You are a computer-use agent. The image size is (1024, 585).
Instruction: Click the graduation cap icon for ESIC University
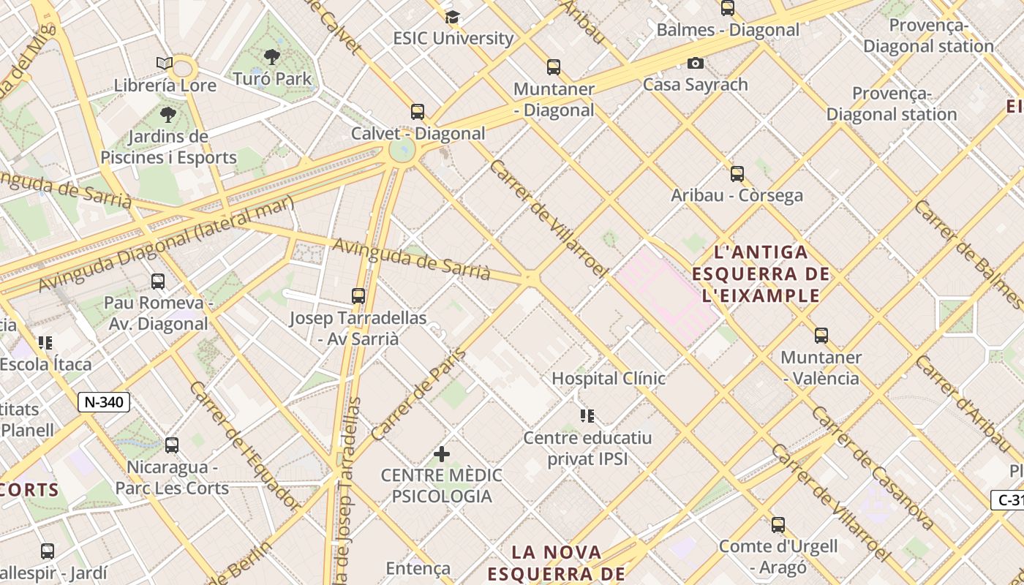452,17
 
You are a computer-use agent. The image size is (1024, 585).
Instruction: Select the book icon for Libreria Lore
165,64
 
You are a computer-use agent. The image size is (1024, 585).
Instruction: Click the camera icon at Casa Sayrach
696,64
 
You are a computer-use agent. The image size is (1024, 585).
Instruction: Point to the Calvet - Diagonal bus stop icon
418,112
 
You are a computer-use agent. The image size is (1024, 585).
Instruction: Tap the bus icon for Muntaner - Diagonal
554,67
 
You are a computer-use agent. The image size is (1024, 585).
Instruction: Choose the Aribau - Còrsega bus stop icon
737,174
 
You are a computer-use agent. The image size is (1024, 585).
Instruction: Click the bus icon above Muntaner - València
821,336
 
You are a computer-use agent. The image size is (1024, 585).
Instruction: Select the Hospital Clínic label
609,378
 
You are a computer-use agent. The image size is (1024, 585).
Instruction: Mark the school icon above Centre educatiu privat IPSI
587,416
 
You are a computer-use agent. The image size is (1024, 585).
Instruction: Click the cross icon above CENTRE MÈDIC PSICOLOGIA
442,454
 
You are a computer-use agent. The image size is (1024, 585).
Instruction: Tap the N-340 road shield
104,401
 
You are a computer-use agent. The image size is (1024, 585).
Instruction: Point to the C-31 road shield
1009,500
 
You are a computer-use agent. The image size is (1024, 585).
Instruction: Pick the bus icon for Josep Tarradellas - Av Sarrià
358,296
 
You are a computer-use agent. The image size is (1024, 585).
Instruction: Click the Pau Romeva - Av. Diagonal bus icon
157,282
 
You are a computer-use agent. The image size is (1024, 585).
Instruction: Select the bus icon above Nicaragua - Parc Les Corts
172,445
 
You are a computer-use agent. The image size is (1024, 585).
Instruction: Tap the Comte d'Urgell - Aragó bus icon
778,524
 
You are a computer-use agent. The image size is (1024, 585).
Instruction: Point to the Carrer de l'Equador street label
244,445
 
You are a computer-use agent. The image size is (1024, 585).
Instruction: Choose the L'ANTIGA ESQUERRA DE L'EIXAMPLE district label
761,274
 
